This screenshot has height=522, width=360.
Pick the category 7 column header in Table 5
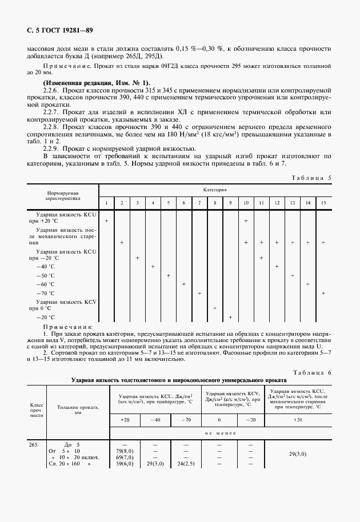[199, 203]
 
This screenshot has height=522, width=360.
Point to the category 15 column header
[323, 203]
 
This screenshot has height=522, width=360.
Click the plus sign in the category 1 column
[107, 220]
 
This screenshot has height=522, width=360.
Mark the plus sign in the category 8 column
[215, 308]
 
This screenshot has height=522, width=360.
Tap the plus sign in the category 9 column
[230, 317]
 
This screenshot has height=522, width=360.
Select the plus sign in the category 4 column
[153, 266]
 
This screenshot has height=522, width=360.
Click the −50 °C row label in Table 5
[45, 275]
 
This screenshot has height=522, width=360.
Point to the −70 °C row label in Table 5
[45, 293]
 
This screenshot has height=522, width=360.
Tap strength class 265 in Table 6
[33, 444]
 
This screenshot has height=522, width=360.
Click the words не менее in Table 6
[222, 433]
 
